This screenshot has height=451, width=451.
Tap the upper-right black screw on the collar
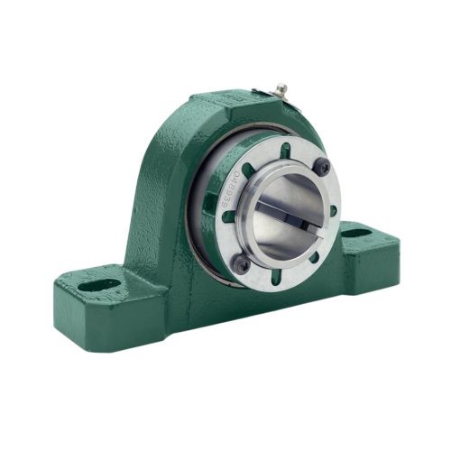[322, 165]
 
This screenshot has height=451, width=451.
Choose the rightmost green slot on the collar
[333, 209]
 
